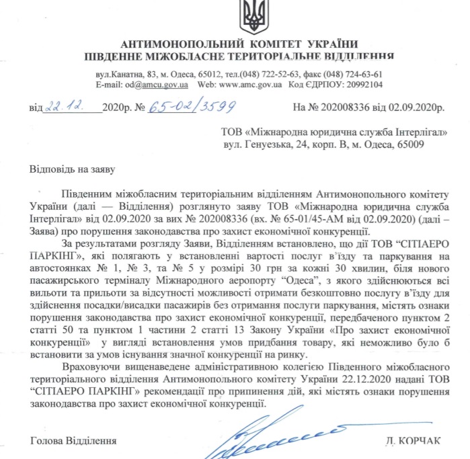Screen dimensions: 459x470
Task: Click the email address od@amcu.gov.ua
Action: coord(157,85)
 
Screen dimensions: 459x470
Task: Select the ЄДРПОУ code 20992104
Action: coord(360,85)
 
